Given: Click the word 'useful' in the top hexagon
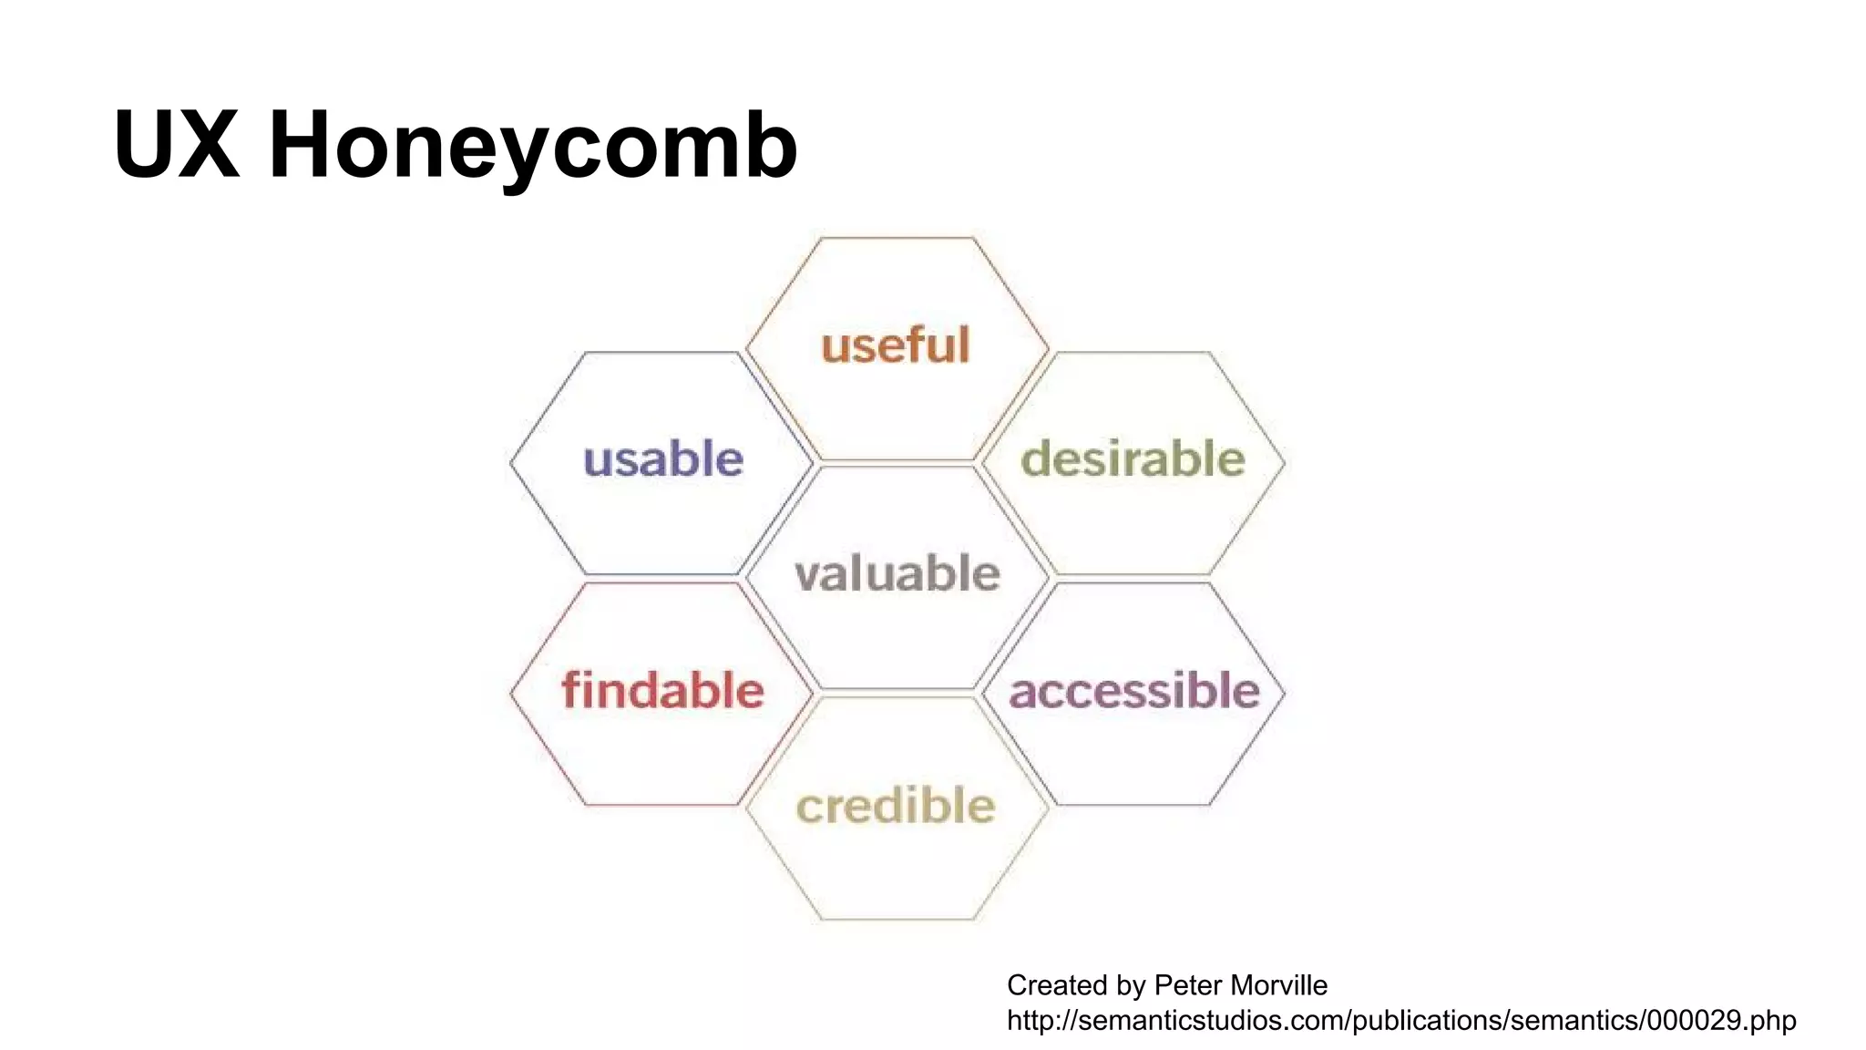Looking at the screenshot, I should [896, 345].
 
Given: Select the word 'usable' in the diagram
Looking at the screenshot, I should [663, 458].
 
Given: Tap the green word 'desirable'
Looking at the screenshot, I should [1133, 458].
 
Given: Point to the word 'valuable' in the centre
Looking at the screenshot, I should [897, 573].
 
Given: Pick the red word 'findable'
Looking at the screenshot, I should [662, 690].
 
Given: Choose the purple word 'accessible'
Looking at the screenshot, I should [1134, 690].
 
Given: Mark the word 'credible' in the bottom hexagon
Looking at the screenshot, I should [896, 806].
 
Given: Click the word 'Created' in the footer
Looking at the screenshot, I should [1055, 985].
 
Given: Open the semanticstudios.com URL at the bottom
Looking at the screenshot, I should [1401, 1020].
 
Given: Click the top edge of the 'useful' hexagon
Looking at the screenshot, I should [897, 238].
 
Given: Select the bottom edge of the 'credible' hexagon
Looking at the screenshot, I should [897, 919].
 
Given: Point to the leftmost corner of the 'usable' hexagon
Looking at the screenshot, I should [511, 463].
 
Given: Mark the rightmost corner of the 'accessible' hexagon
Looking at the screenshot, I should [1285, 695].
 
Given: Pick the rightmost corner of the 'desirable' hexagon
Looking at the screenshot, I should [1285, 463].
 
